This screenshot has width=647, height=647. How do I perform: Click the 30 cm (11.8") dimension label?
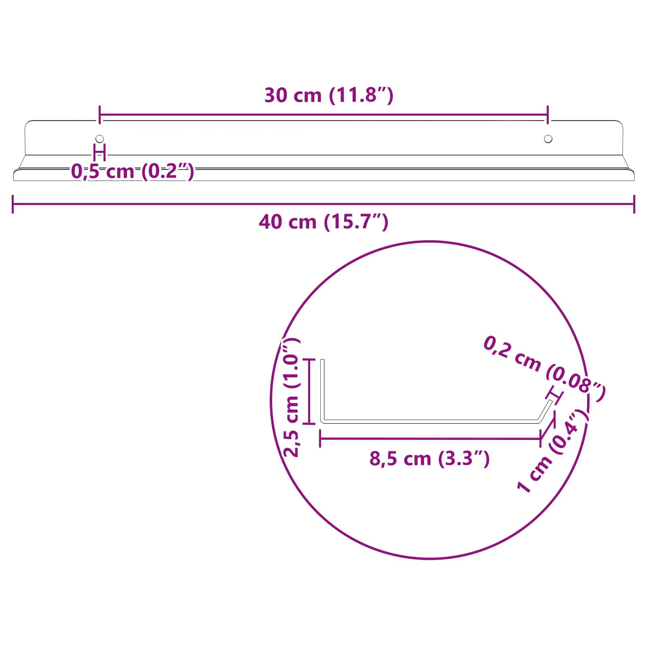click(x=329, y=95)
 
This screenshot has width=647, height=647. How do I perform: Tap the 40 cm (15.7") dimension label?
click(x=323, y=222)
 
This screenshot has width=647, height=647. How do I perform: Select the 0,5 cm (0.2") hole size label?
click(x=133, y=171)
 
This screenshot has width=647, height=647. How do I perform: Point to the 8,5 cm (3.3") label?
click(x=429, y=459)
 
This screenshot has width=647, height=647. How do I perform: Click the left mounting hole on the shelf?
click(x=99, y=139)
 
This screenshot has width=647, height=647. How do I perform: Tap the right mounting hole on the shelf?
click(x=548, y=139)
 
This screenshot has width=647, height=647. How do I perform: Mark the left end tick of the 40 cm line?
click(x=13, y=204)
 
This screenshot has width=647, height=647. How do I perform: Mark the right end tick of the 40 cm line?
click(x=634, y=204)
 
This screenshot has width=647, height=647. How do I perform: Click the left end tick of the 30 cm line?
click(x=99, y=115)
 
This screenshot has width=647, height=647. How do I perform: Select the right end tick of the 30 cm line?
click(x=548, y=115)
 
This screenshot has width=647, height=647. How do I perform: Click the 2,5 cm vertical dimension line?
click(x=309, y=391)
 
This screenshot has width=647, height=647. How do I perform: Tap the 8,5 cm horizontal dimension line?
click(x=430, y=439)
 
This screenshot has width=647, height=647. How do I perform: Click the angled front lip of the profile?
click(x=545, y=410)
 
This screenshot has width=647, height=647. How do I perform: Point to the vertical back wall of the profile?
click(x=322, y=388)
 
